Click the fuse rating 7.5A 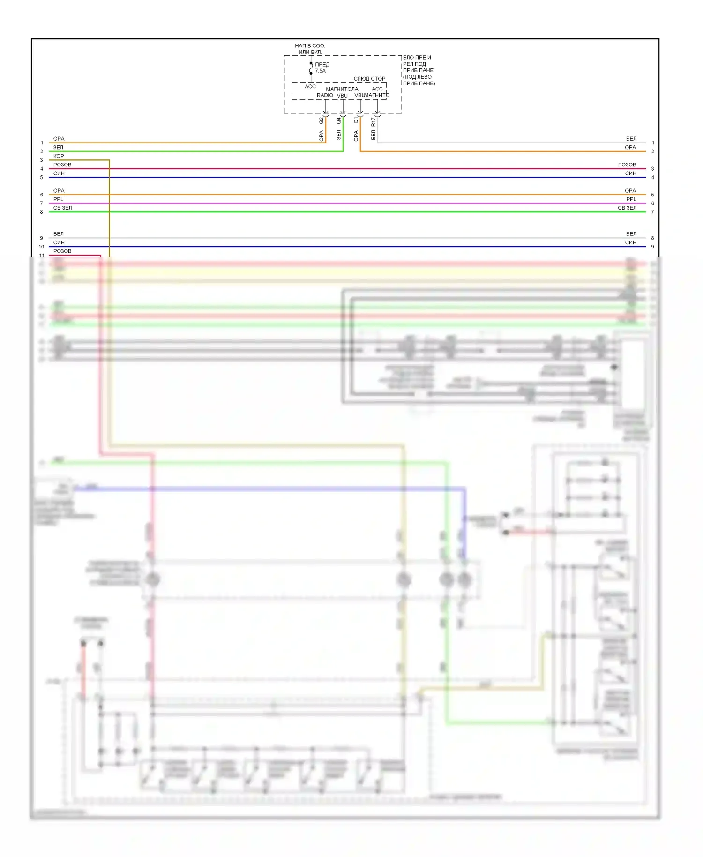320,71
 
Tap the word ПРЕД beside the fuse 322,64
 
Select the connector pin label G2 322,120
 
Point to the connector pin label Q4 339,120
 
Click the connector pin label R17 374,122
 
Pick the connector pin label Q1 356,120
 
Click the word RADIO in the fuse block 325,95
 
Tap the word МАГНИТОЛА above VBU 342,89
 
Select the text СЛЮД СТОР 369,79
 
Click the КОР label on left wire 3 59,156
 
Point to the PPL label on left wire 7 58,199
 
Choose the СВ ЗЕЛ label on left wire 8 62,208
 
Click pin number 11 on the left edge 42,256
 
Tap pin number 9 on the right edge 652,247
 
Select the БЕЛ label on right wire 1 631,139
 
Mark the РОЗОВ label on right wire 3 627,165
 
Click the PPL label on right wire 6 631,199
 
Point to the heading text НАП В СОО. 310,46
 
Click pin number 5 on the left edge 42,178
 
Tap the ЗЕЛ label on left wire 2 58,147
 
